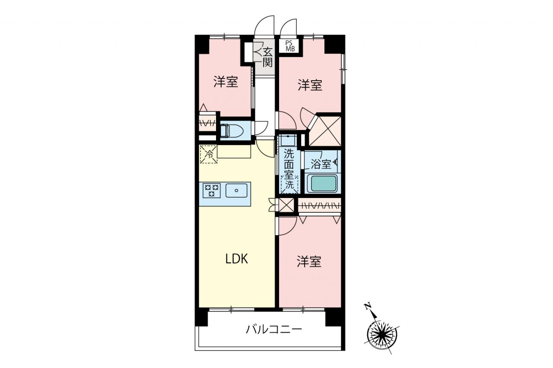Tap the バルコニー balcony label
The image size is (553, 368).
[273, 329]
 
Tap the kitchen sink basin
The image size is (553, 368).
[236, 190]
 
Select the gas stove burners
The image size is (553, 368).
[211, 191]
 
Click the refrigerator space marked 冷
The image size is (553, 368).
[209, 154]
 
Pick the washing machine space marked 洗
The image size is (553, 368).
[289, 184]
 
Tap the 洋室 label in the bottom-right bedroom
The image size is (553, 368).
[309, 262]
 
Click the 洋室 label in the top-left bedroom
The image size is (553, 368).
[226, 82]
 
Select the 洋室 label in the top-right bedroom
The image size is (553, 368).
[310, 85]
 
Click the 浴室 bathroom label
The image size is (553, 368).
[321, 164]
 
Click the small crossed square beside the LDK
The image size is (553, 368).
[286, 205]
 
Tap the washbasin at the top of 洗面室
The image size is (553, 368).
[288, 140]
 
